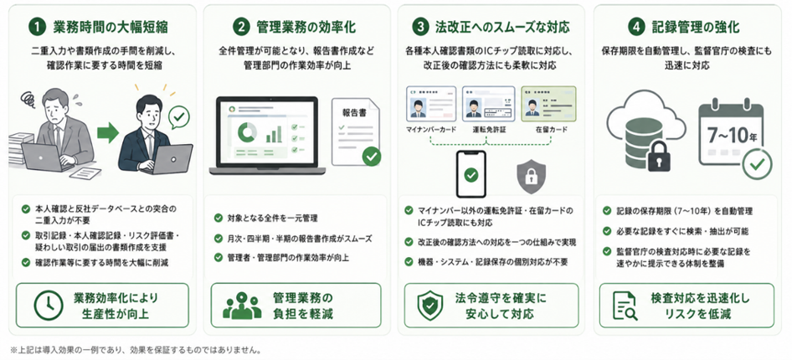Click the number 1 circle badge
pos(37,27)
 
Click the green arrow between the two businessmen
pos(108,133)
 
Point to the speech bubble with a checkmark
pos(179,117)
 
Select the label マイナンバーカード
pos(431,130)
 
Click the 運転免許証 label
pos(487,130)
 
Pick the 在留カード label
pos(552,130)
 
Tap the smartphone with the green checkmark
pos(471,174)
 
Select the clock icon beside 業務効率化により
pos(49,306)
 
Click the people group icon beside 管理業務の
pos(242,306)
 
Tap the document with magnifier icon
pos(625,306)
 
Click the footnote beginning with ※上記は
pos(136,349)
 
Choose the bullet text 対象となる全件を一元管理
pos(270,219)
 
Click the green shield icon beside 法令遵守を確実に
pos(429,306)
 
